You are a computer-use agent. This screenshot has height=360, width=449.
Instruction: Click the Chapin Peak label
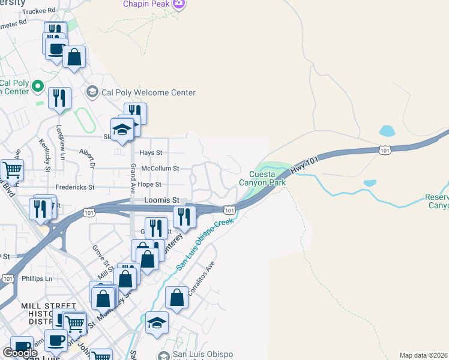pos(146,4)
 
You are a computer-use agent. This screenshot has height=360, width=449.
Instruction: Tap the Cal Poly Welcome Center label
pos(148,92)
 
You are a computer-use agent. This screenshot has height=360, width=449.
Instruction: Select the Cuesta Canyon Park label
pos(263,178)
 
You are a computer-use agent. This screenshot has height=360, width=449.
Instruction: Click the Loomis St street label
pos(162,200)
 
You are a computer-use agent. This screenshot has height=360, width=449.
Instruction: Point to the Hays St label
pos(151,153)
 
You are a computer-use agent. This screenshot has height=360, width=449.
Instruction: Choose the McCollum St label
pos(159,169)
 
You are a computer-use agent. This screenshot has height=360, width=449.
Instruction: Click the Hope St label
pos(150,185)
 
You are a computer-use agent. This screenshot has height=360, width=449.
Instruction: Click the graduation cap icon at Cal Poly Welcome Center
pos(92,92)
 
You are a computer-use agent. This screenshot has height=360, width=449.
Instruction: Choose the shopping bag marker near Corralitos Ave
pos(177,298)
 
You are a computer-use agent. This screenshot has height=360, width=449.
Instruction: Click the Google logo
pos(20,353)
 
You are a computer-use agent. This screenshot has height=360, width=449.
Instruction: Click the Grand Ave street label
pos(133,175)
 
